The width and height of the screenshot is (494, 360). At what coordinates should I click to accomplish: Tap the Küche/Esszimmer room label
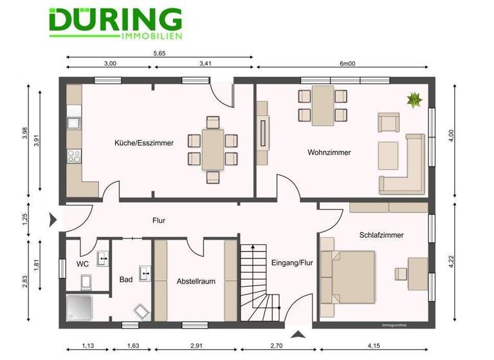pos(144,143)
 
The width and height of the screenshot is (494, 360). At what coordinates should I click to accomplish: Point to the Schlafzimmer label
pos(381,235)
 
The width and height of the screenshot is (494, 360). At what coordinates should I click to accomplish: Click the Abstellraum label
pos(196,281)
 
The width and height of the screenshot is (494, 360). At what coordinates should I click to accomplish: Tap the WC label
pos(82,264)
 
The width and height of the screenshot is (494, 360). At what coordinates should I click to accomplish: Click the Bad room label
pos(126,280)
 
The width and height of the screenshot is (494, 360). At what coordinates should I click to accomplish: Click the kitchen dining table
pos(213,148)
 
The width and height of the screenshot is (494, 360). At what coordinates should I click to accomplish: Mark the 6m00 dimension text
pos(347,64)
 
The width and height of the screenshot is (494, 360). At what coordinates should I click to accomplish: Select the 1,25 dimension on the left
pos(25,219)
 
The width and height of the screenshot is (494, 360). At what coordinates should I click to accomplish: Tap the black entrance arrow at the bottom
pos(298,334)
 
